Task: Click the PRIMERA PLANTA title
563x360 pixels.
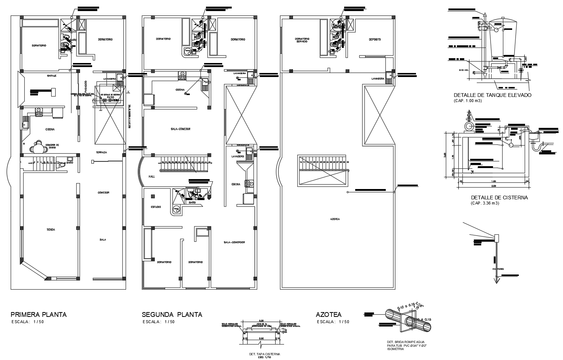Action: pyautogui.click(x=39, y=315)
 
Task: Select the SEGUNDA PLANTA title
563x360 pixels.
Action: pyautogui.click(x=172, y=315)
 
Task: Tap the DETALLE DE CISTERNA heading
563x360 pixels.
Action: pyautogui.click(x=499, y=198)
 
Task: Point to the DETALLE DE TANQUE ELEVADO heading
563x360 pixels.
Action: pyautogui.click(x=493, y=95)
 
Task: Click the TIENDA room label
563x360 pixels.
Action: pyautogui.click(x=50, y=230)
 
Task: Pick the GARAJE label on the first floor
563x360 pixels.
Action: pyautogui.click(x=51, y=76)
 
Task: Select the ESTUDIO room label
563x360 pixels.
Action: pyautogui.click(x=155, y=207)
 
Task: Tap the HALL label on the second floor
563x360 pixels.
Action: pyautogui.click(x=152, y=176)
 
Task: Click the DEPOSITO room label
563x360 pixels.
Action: pyautogui.click(x=375, y=39)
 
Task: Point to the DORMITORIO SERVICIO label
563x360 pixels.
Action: pyautogui.click(x=302, y=40)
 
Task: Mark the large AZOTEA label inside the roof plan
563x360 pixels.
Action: pyautogui.click(x=335, y=219)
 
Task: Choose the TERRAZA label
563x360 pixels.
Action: pyautogui.click(x=101, y=152)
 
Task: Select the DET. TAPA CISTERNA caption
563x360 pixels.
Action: pyautogui.click(x=265, y=354)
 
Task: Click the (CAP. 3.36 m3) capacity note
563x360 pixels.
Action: pyautogui.click(x=485, y=203)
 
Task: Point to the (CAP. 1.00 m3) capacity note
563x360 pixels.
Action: pyautogui.click(x=468, y=101)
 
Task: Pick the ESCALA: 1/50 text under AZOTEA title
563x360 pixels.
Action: pyautogui.click(x=333, y=322)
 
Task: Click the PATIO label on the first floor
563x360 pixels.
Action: pyautogui.click(x=111, y=98)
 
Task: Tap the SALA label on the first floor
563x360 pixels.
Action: pyautogui.click(x=102, y=240)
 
